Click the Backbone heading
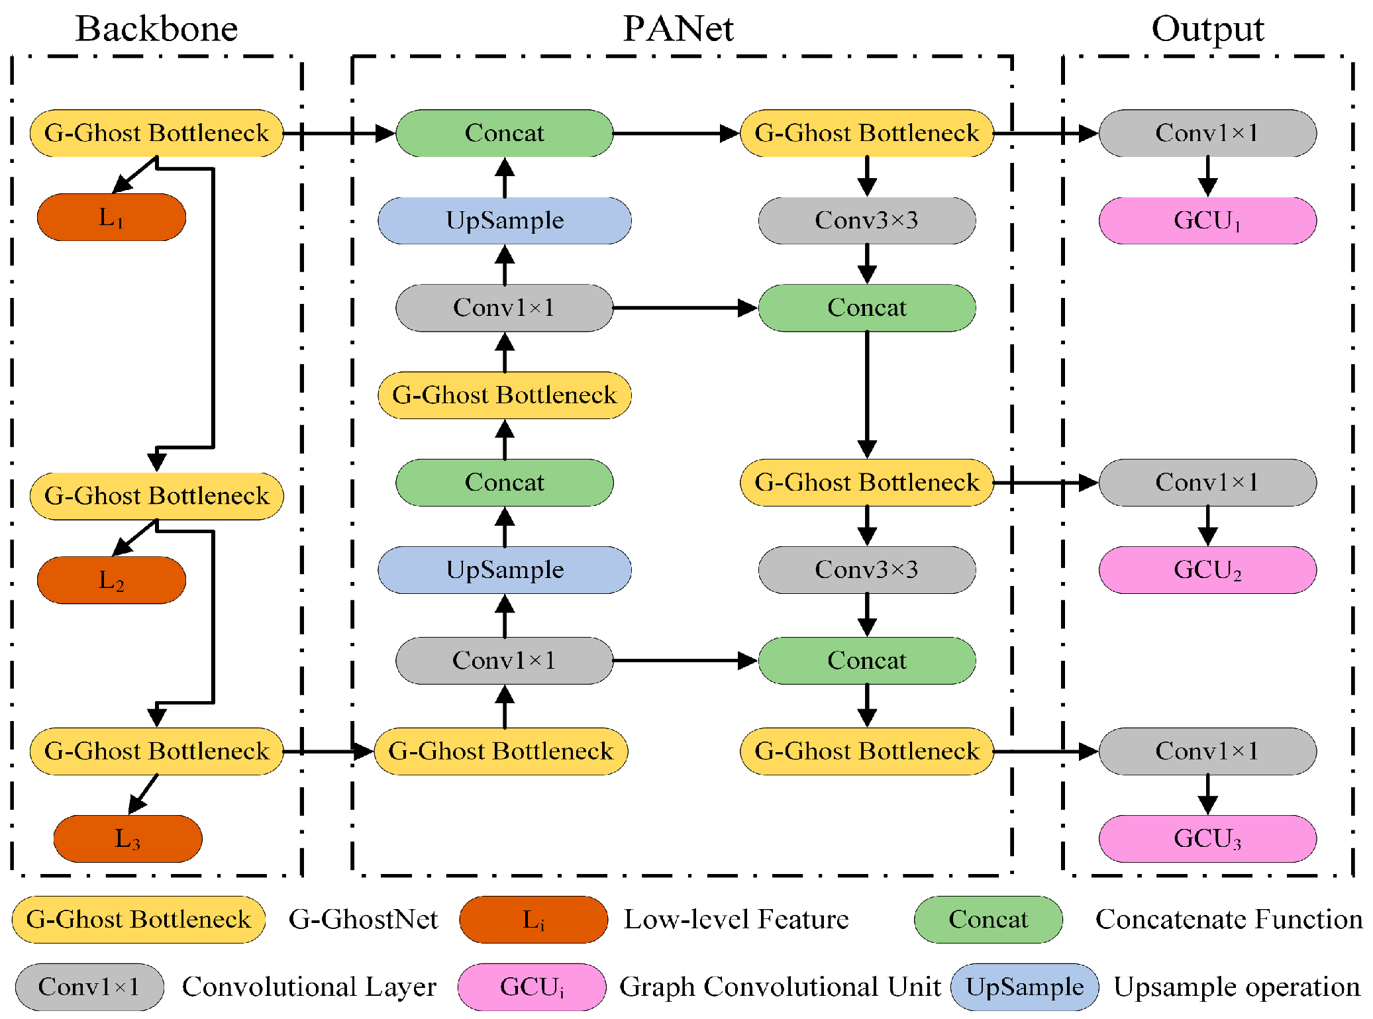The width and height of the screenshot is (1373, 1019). pyautogui.click(x=156, y=28)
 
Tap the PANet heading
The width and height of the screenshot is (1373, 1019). pyautogui.click(x=678, y=28)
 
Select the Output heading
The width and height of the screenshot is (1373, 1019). pyautogui.click(x=1207, y=28)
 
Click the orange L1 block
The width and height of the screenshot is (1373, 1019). pyautogui.click(x=111, y=217)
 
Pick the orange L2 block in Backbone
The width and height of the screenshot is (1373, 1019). pyautogui.click(x=111, y=580)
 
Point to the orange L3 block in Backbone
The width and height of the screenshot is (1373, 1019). pyautogui.click(x=127, y=838)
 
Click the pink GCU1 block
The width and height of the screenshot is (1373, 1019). pyautogui.click(x=1207, y=220)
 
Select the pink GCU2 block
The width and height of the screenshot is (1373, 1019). pyautogui.click(x=1207, y=569)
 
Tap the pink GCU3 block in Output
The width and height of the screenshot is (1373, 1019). pyautogui.click(x=1207, y=838)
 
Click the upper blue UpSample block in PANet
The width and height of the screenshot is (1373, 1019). pyautogui.click(x=504, y=220)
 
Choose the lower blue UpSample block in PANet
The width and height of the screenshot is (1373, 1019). pyautogui.click(x=504, y=569)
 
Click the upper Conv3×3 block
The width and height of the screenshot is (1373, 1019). pyautogui.click(x=866, y=220)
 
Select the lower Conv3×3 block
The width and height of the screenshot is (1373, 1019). pyautogui.click(x=866, y=569)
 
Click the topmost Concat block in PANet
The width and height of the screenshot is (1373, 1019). pyautogui.click(x=504, y=133)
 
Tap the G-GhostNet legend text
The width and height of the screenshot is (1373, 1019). pyautogui.click(x=363, y=919)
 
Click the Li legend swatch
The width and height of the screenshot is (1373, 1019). pyautogui.click(x=533, y=919)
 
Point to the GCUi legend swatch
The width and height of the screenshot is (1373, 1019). pyautogui.click(x=532, y=987)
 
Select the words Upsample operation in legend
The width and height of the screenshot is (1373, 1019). pyautogui.click(x=1237, y=987)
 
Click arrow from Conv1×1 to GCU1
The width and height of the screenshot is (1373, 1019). pyautogui.click(x=1207, y=176)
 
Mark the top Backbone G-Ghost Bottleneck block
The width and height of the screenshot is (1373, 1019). pyautogui.click(x=156, y=133)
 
